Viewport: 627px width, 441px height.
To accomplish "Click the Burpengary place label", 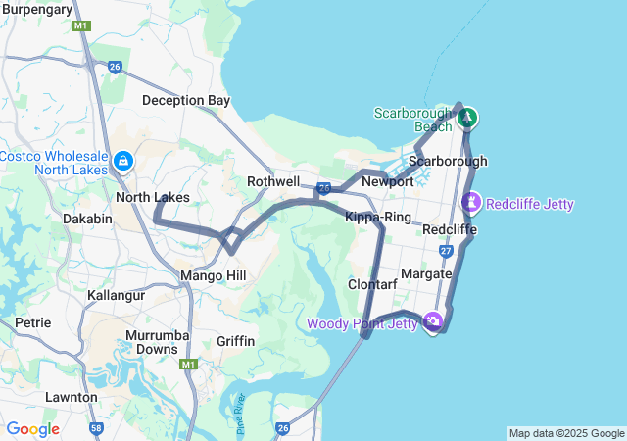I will (37, 9).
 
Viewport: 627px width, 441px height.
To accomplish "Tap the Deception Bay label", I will (186, 100).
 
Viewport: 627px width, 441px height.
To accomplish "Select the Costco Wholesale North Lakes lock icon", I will (123, 160).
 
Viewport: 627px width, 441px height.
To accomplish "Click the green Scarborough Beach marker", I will (467, 118).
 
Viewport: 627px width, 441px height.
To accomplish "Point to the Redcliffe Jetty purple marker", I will (471, 203).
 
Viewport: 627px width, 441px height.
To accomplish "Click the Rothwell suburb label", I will (273, 181).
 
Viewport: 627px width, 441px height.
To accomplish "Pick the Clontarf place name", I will (372, 284).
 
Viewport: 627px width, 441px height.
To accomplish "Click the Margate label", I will (426, 273).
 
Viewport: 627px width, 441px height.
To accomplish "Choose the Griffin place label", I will (235, 341).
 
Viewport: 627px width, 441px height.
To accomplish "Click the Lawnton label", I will (71, 397).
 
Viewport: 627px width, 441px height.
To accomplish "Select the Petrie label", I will (32, 321).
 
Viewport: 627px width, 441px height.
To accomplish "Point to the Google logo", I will (33, 428).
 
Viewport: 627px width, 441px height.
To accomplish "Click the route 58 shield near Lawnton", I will (96, 428).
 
